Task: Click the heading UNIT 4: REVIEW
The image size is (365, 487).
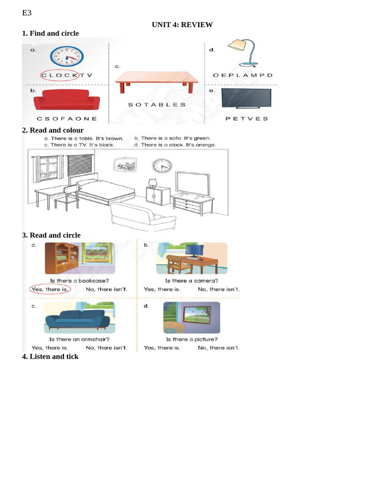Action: [x=182, y=25]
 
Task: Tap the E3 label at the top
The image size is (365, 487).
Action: [x=27, y=13]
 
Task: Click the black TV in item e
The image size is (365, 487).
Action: [x=246, y=98]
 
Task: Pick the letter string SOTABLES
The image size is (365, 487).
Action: [x=157, y=105]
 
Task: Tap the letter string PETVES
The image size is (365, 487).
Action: [x=247, y=119]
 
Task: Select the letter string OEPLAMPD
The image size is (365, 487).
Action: [x=243, y=75]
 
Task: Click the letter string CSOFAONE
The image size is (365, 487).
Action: [x=67, y=119]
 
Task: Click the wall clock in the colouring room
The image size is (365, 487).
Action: [x=162, y=166]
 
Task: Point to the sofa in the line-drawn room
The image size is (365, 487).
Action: [x=143, y=215]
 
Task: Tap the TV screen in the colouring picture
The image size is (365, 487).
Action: [x=192, y=183]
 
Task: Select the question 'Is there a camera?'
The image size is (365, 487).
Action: [x=192, y=281]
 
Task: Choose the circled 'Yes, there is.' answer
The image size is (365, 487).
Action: [x=49, y=289]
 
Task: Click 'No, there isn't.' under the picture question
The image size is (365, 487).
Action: [x=219, y=348]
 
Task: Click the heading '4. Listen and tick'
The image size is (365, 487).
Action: [x=50, y=357]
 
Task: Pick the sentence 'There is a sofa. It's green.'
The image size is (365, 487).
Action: [x=172, y=138]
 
